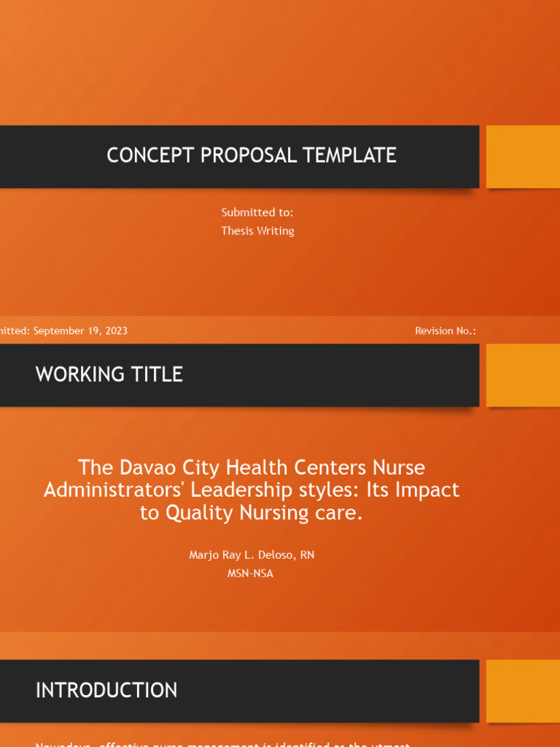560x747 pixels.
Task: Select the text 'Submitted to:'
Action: pos(257,212)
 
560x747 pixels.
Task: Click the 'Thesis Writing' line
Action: pos(257,231)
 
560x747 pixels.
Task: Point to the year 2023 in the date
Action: pos(116,330)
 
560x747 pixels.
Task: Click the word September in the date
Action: pos(58,330)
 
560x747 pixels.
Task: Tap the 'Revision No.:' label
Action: pos(445,330)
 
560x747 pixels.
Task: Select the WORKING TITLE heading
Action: pos(109,374)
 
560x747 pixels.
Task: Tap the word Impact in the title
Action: pos(427,489)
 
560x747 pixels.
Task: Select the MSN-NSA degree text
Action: pos(250,573)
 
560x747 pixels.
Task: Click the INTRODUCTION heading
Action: pos(106,690)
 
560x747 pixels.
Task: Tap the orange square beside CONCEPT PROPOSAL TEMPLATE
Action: pos(523,156)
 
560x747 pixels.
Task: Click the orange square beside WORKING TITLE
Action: pos(523,375)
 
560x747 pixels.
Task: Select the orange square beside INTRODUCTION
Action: pos(523,691)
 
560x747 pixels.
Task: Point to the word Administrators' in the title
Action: pos(114,489)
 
